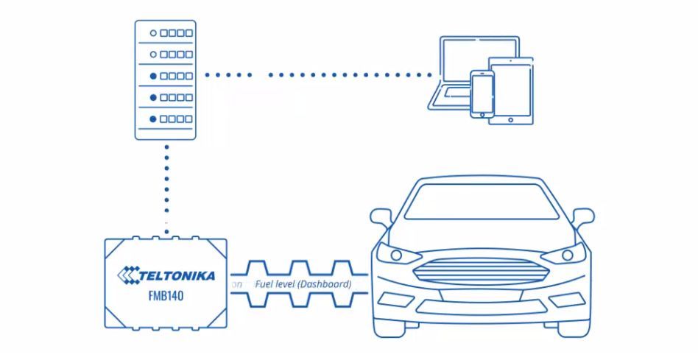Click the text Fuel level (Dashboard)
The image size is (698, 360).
[x=303, y=283]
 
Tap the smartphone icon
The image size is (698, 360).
[x=482, y=93]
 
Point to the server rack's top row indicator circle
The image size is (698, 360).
[x=153, y=33]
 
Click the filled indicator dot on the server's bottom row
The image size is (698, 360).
[x=153, y=119]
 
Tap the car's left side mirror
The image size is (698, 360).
[x=381, y=218]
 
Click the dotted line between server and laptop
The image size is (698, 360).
[x=317, y=74]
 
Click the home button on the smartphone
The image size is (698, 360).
[x=482, y=112]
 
